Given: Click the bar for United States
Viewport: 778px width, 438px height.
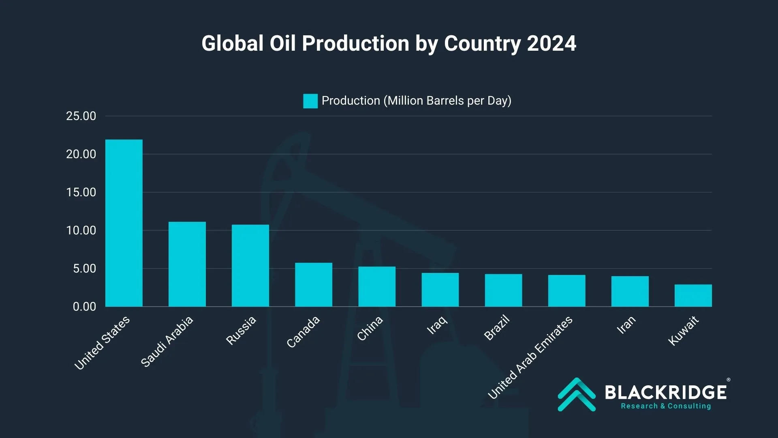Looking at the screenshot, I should point(124,223).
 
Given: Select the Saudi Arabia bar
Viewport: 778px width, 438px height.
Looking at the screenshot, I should point(187,264).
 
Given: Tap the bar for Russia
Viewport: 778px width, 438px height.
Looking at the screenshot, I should point(250,266).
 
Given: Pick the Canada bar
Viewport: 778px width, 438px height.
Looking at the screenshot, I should point(314,285).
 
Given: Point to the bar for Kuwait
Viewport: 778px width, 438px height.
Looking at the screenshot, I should point(693,296).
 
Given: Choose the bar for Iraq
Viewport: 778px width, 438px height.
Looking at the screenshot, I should point(440,290).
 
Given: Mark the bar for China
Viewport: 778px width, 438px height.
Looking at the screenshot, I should point(377,286).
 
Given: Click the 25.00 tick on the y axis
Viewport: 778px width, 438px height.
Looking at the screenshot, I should point(81,116).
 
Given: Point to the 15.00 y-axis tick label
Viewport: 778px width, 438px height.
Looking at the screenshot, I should point(81,192).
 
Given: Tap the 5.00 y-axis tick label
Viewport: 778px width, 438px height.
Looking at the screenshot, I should point(84,268).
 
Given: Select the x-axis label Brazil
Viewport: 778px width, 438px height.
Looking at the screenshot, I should point(497,327).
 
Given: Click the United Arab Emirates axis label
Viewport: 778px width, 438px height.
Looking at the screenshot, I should point(530,357).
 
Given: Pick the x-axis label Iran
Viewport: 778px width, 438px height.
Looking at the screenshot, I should point(626,325).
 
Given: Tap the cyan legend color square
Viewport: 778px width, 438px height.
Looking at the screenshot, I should point(310,101).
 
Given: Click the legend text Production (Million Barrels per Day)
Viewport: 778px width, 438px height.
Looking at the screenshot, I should point(416,101).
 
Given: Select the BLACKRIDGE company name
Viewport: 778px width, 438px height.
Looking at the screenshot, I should point(665,392).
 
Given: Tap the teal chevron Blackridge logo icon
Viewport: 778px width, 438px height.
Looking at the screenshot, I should point(577,395).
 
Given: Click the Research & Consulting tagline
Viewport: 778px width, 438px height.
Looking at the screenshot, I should point(666,406).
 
